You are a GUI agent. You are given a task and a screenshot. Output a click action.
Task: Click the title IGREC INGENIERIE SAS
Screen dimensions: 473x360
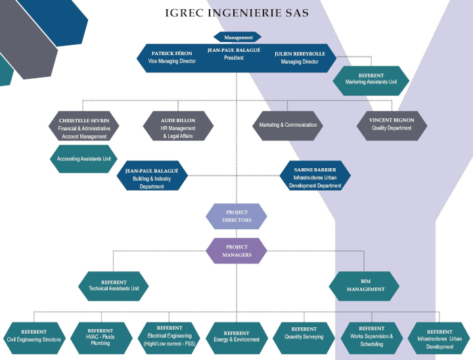click(237, 13)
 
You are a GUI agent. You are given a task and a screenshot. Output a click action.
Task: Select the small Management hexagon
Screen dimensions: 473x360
click(237, 37)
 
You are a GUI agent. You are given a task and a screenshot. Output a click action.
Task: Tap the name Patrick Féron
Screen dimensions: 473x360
click(171, 53)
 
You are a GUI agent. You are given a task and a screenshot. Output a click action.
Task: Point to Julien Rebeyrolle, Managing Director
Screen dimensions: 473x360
click(300, 58)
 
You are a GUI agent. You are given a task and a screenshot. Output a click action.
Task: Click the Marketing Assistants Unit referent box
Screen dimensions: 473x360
click(371, 81)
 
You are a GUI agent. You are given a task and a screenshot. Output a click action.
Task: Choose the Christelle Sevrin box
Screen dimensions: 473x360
click(84, 126)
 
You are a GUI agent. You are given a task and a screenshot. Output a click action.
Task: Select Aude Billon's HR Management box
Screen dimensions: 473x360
click(178, 126)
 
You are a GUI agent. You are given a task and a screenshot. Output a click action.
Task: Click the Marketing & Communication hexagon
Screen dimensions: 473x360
click(288, 126)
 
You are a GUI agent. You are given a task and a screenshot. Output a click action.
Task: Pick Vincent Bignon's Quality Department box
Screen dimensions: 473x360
click(392, 126)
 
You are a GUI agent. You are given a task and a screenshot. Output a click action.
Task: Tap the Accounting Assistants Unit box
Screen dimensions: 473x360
click(84, 159)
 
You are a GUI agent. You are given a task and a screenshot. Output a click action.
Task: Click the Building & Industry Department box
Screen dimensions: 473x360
click(152, 175)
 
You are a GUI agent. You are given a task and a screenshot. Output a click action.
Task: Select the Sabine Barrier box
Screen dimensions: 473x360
click(315, 175)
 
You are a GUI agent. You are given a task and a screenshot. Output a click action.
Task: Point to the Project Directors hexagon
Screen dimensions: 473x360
click(236, 216)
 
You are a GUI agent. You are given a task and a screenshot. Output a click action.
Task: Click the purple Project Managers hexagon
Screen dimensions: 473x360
click(236, 251)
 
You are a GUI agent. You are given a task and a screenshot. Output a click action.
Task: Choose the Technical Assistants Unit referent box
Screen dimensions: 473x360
click(114, 286)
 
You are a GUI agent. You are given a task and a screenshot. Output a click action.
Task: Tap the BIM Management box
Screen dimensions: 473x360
click(365, 286)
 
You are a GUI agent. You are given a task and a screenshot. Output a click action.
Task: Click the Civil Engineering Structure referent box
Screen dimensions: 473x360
click(34, 338)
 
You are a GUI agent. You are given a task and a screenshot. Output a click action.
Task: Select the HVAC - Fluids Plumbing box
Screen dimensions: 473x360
click(101, 338)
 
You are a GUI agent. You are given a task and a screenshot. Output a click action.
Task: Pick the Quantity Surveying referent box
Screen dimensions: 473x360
click(304, 338)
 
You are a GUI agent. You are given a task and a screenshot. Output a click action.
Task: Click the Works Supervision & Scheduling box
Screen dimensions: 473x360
click(372, 338)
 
